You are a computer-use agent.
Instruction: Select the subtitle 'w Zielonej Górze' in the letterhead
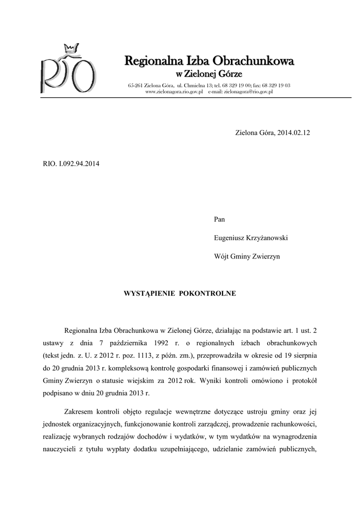[x=210, y=74]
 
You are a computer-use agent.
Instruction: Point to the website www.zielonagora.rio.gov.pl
[x=174, y=92]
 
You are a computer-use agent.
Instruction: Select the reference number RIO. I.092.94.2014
[x=71, y=163]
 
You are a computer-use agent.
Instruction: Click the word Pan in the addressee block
[x=219, y=218]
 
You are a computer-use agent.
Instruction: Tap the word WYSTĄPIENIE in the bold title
[x=147, y=293]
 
